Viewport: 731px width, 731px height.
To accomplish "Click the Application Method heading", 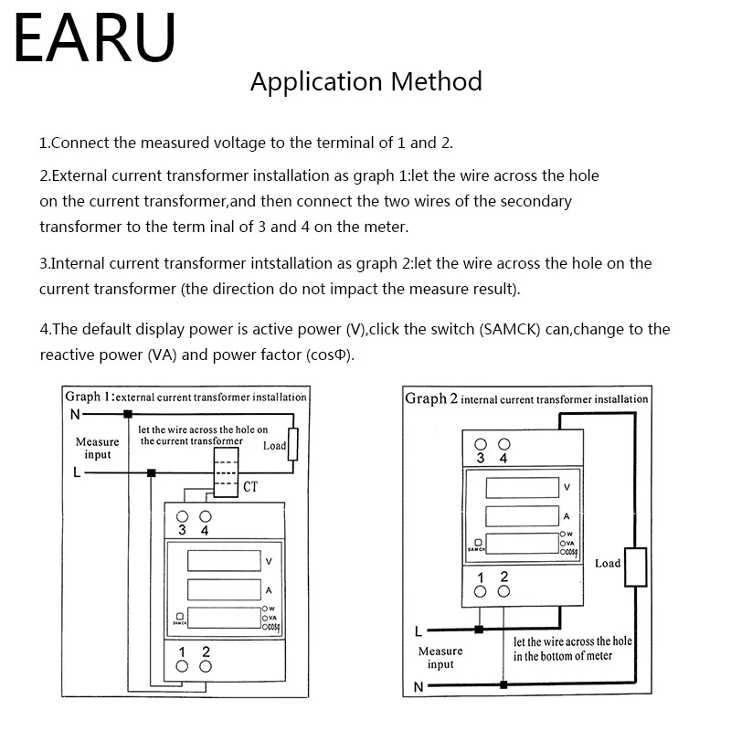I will point(365,81).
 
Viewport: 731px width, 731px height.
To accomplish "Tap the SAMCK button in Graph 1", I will point(178,618).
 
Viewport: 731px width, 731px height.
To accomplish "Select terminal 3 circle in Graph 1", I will point(182,514).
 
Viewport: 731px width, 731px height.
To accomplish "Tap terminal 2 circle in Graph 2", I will point(503,591).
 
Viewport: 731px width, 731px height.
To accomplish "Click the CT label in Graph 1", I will point(251,488).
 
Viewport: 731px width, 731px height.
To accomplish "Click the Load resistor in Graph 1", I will point(292,445).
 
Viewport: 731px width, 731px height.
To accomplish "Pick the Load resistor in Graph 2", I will point(634,567).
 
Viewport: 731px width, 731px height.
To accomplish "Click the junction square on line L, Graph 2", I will point(479,629).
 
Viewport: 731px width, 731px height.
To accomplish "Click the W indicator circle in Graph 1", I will point(264,608).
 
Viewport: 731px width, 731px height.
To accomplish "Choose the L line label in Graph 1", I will point(76,473).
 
